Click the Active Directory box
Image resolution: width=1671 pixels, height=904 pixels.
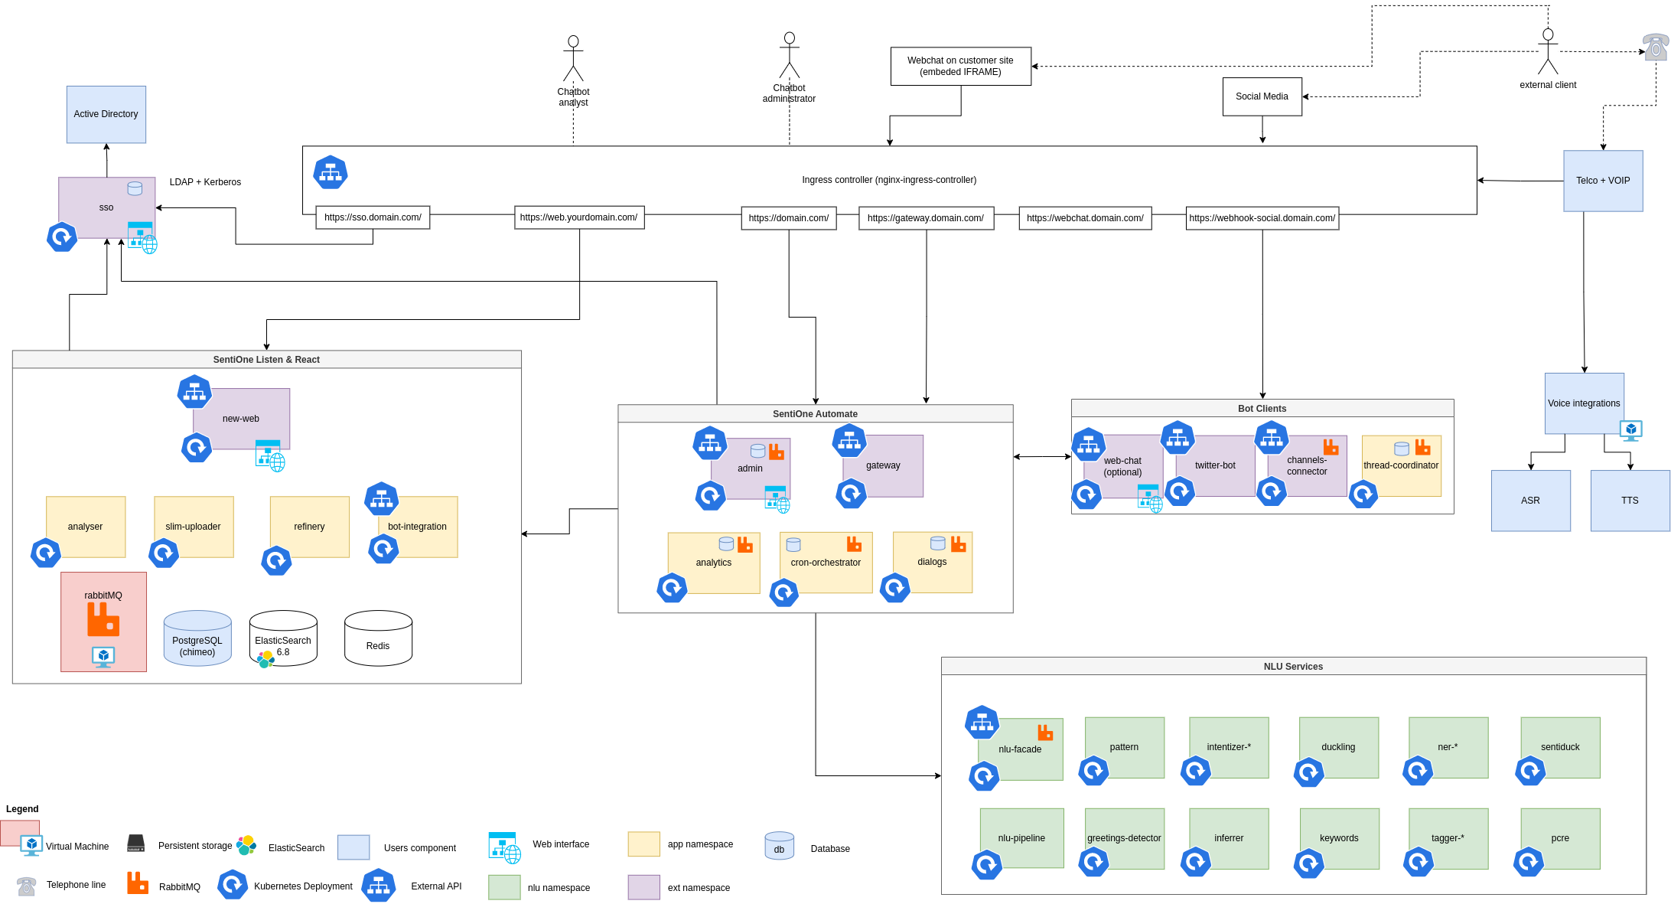pyautogui.click(x=106, y=114)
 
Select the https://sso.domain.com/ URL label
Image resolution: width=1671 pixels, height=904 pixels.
pyautogui.click(x=373, y=217)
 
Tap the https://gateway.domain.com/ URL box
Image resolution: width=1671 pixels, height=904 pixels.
pyautogui.click(x=926, y=218)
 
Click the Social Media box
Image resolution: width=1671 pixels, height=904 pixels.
pyautogui.click(x=1262, y=96)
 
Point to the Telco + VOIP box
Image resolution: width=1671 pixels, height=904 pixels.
pyautogui.click(x=1602, y=181)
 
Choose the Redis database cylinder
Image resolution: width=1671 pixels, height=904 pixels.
pyautogui.click(x=378, y=638)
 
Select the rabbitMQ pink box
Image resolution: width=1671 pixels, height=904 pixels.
pyautogui.click(x=103, y=622)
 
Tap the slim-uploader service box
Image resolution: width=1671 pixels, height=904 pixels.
pyautogui.click(x=194, y=527)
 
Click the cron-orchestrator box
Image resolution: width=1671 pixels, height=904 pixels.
pyautogui.click(x=826, y=563)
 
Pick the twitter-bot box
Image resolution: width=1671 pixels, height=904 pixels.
pyautogui.click(x=1215, y=465)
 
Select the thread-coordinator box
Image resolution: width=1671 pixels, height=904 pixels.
pyautogui.click(x=1401, y=465)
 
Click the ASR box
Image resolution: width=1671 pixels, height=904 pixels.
pyautogui.click(x=1530, y=501)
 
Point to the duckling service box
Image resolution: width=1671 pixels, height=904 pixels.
pyautogui.click(x=1338, y=747)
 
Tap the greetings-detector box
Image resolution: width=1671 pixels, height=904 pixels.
pyautogui.click(x=1124, y=838)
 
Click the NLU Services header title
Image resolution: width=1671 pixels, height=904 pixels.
pyautogui.click(x=1293, y=667)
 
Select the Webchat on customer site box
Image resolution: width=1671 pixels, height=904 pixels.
pyautogui.click(x=960, y=67)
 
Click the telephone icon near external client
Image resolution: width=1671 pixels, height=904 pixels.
pyautogui.click(x=1655, y=47)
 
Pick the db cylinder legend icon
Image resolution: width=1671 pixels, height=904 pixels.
pyautogui.click(x=779, y=846)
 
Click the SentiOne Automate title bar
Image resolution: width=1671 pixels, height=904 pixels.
pyautogui.click(x=815, y=414)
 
